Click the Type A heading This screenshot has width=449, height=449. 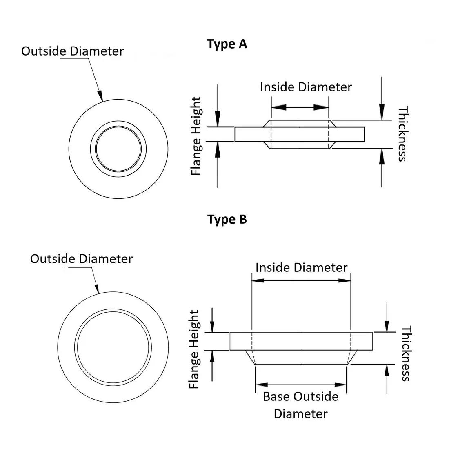click(227, 44)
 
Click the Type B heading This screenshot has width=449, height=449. click(227, 219)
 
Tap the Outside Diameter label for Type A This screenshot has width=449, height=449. click(72, 51)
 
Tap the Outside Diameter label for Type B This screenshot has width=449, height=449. click(81, 259)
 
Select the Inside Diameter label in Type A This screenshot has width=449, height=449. click(306, 87)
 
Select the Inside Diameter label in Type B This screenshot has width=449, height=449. click(301, 267)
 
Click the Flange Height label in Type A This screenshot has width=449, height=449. click(197, 136)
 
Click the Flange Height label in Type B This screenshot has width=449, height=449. click(195, 349)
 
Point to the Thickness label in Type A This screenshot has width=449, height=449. click(403, 134)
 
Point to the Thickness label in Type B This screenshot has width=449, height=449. click(405, 353)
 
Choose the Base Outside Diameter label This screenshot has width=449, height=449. click(301, 405)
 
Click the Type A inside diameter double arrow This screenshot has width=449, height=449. click(300, 107)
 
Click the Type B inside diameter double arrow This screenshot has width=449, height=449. click(301, 280)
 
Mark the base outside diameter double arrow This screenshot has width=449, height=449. click(301, 385)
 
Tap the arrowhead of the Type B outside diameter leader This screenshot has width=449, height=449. click(97, 289)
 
